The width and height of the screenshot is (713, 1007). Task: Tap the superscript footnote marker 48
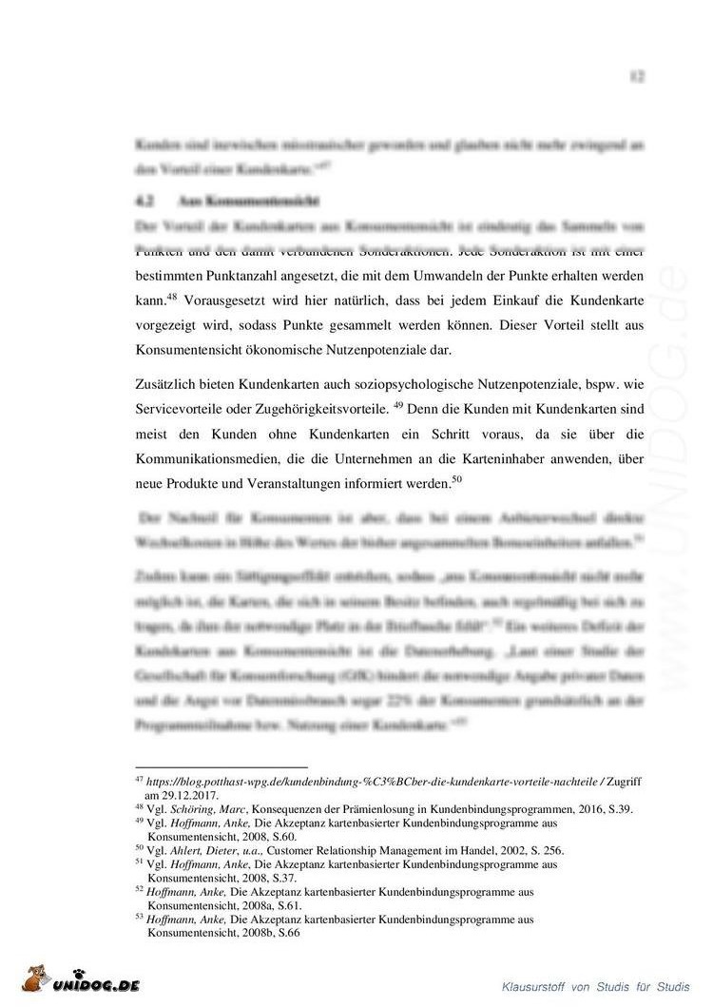[x=172, y=294]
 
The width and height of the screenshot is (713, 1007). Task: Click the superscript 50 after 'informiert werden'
[x=456, y=477]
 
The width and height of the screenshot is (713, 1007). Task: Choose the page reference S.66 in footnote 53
[x=285, y=933]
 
